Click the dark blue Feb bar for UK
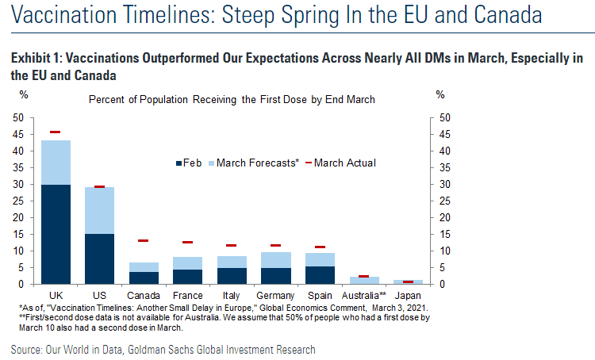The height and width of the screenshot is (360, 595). [x=56, y=234]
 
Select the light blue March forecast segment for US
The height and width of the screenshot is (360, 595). [x=100, y=210]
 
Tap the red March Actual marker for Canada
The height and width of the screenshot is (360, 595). [x=144, y=240]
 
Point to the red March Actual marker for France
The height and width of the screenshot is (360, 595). [x=188, y=242]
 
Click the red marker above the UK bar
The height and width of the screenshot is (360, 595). [x=56, y=132]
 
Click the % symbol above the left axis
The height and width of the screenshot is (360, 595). [x=24, y=95]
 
